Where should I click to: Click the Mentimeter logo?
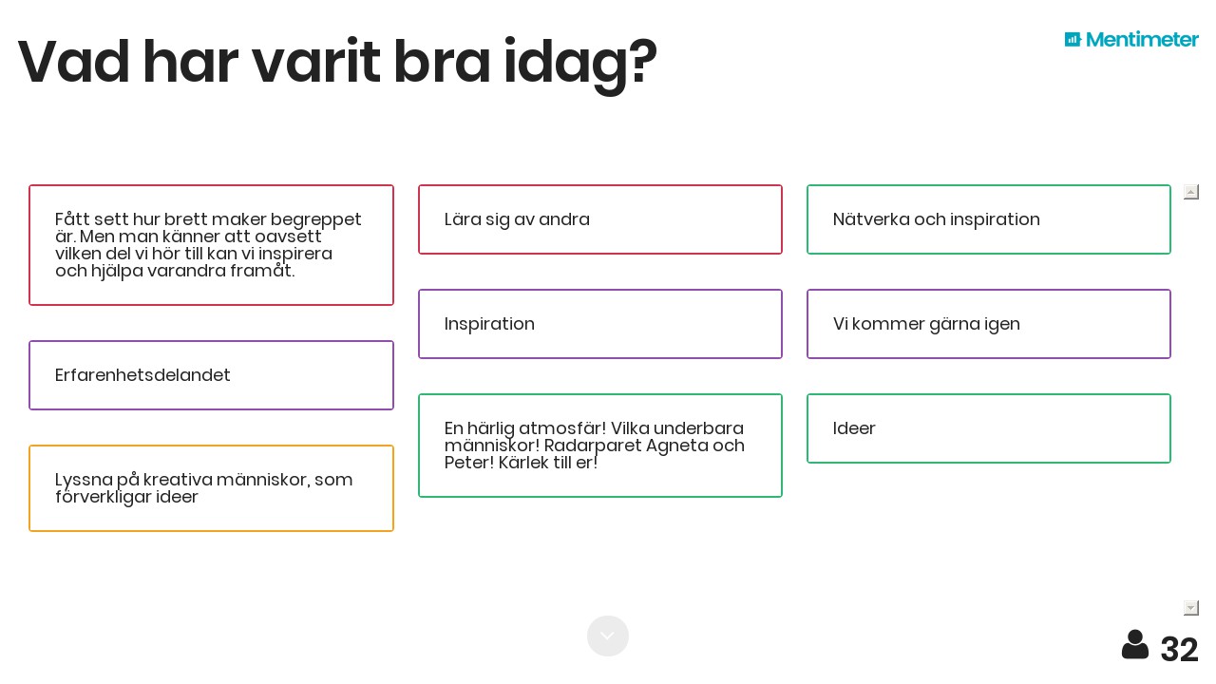click(1131, 40)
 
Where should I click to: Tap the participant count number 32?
click(1179, 649)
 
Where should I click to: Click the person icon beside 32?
click(1135, 645)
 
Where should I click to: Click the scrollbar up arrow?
click(1190, 192)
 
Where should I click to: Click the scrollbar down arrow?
click(1190, 607)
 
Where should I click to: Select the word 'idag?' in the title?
click(580, 64)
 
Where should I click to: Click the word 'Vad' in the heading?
click(73, 62)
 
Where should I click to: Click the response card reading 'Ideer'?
click(989, 428)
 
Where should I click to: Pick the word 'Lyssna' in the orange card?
click(84, 481)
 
